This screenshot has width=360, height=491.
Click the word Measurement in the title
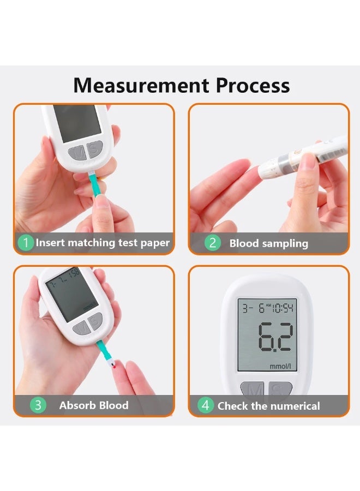pyautogui.click(x=141, y=86)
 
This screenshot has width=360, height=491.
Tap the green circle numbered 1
pyautogui.click(x=25, y=242)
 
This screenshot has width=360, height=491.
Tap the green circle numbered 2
pyautogui.click(x=213, y=243)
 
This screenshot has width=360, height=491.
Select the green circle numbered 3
pyautogui.click(x=38, y=405)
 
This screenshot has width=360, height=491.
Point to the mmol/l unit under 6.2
pyautogui.click(x=281, y=365)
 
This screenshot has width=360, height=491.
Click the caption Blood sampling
pyautogui.click(x=268, y=243)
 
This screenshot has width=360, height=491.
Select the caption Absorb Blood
pyautogui.click(x=94, y=405)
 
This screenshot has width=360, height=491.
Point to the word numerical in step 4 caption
pyautogui.click(x=293, y=406)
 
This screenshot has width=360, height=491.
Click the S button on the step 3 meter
pyautogui.click(x=96, y=322)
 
